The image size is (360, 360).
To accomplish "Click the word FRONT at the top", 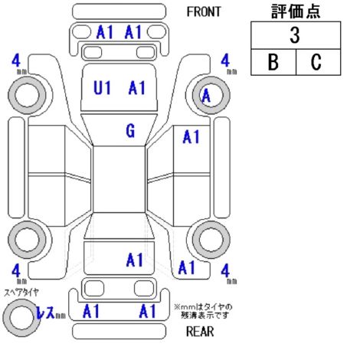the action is [204, 11].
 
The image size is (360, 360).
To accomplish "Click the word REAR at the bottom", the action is [200, 332].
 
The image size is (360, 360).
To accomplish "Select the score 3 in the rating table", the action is [295, 35].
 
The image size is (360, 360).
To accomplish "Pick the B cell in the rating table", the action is [273, 62].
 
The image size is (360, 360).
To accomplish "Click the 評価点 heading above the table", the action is [296, 11].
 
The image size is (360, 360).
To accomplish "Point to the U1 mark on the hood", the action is [102, 87].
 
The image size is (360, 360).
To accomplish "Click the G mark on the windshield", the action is [130, 131].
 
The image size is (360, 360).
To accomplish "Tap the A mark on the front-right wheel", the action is [206, 96].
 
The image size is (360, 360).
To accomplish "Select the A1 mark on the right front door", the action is [191, 136].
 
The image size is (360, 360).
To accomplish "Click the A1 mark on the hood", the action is [137, 87].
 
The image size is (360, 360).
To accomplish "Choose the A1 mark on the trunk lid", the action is [135, 260].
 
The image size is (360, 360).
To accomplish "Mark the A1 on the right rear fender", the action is [187, 267].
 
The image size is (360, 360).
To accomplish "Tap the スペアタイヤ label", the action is [21, 293].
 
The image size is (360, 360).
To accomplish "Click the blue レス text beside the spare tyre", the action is [46, 312].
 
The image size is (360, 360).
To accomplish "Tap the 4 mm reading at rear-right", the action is [228, 273].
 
